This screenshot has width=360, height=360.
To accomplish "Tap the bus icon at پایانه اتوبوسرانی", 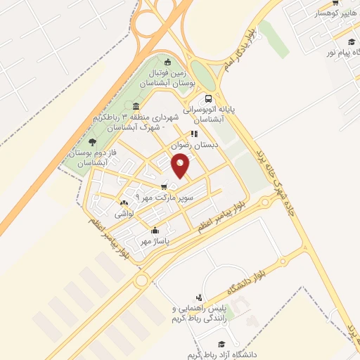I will pyautogui.click(x=208, y=99).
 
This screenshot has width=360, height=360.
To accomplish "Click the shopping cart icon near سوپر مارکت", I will pyautogui.click(x=163, y=187).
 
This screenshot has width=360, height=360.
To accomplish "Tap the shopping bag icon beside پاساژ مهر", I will pyautogui.click(x=155, y=230).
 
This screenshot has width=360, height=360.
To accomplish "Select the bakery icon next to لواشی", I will pyautogui.click(x=124, y=203).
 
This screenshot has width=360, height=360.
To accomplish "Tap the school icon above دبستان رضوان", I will pyautogui.click(x=194, y=134).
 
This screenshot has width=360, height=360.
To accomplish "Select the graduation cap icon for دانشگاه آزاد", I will pyautogui.click(x=222, y=345).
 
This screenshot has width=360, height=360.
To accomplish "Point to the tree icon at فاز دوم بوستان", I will pyautogui.click(x=93, y=143).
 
